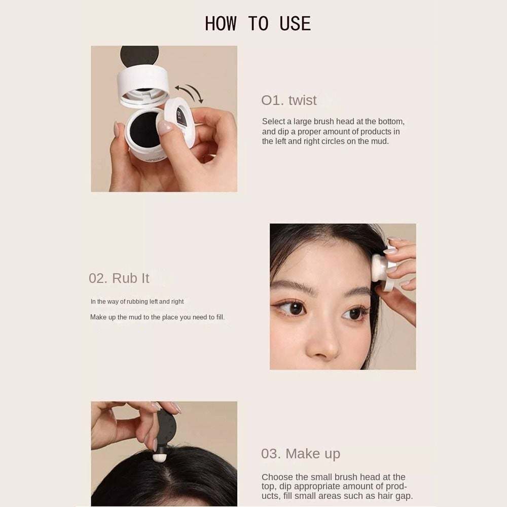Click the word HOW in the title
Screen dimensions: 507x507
(x=221, y=24)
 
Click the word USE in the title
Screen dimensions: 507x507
(x=295, y=24)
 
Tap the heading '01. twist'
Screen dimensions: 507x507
(x=289, y=100)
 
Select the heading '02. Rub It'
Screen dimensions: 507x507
(x=119, y=278)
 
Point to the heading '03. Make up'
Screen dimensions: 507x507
(x=301, y=454)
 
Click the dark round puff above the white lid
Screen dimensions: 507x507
(x=139, y=55)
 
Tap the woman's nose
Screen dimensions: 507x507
(x=322, y=343)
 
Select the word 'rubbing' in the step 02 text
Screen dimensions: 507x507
(x=137, y=301)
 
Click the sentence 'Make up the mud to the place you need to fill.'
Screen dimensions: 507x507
(x=157, y=317)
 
